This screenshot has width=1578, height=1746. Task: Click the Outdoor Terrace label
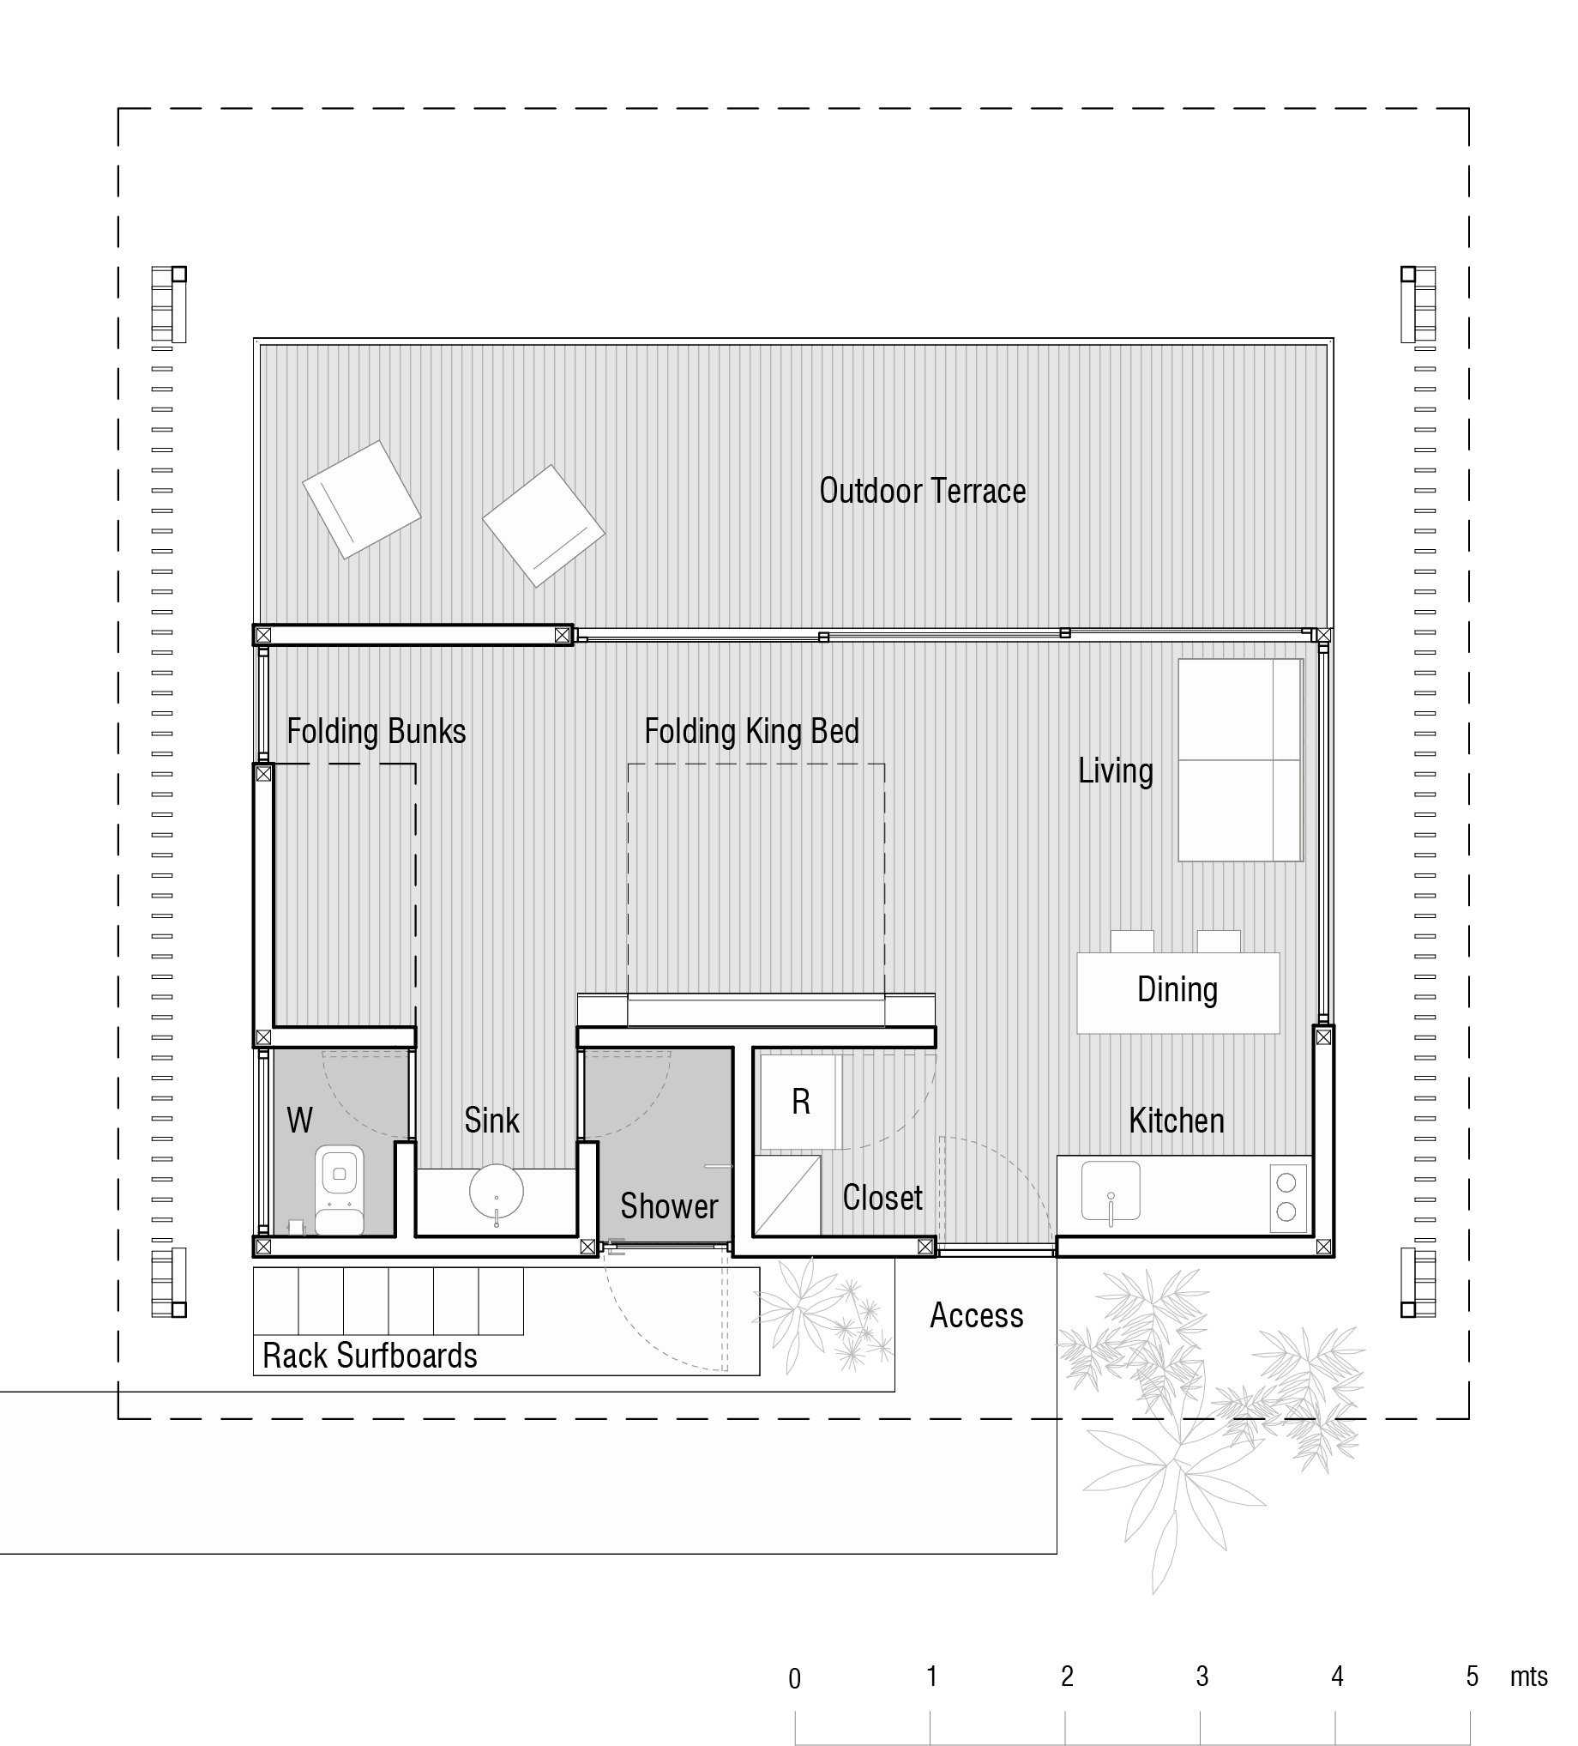pos(923,491)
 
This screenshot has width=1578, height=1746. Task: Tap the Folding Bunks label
pos(376,732)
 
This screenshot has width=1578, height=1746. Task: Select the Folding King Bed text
pos(752,732)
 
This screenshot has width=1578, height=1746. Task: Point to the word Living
pos(1116,770)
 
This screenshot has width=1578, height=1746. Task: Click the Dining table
pos(1178,993)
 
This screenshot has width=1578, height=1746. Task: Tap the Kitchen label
pos(1177,1121)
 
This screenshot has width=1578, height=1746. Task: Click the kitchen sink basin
pos(1111,1191)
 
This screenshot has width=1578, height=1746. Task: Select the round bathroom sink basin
pos(496,1192)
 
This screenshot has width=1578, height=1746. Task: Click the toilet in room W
pos(340,1189)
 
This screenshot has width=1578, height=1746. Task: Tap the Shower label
pos(669,1206)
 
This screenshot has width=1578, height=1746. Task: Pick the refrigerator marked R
pos(801,1102)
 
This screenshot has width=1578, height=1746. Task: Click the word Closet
pos(883,1198)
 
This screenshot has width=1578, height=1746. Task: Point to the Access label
pos(977,1315)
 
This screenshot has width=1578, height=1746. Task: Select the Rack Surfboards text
pos(370,1356)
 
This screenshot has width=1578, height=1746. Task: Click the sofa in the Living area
pos(1240,760)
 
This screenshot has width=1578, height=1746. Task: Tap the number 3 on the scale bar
pos(1202,1677)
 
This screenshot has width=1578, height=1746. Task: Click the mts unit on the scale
pos(1528,1677)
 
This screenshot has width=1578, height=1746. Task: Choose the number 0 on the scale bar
pos(795,1679)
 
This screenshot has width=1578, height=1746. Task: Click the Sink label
pos(491,1121)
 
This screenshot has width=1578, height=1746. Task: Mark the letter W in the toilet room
pos(299,1120)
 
